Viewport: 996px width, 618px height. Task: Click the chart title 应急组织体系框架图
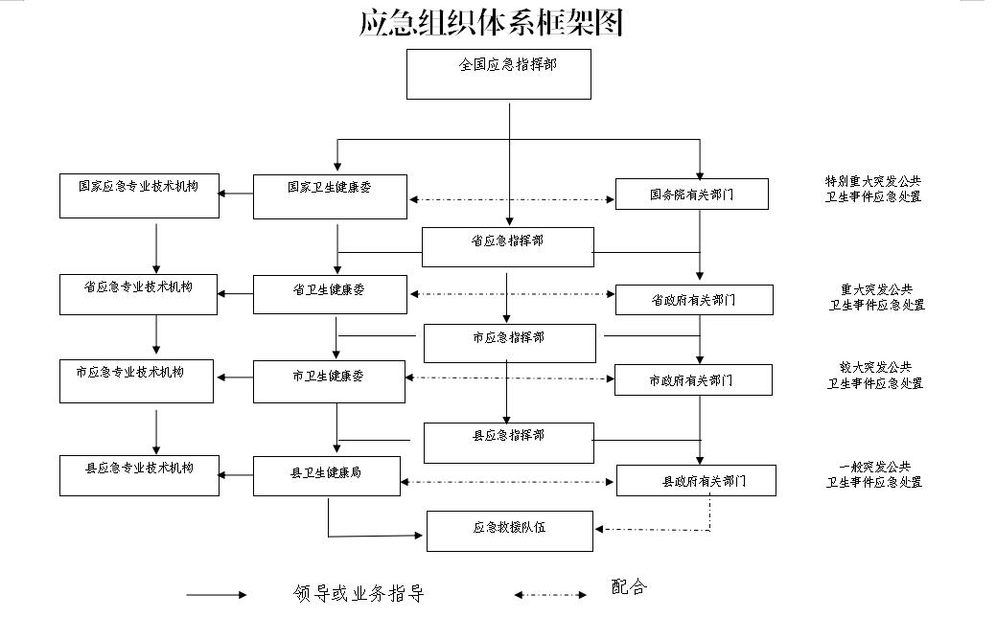coord(491,22)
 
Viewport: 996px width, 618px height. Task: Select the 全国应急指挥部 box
coord(498,75)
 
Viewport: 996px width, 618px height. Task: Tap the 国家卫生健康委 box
coord(330,196)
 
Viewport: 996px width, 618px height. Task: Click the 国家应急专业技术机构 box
coord(139,195)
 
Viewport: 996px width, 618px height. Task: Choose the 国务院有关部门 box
coord(692,195)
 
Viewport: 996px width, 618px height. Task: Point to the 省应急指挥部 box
coord(507,247)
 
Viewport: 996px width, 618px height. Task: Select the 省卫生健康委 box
coord(330,294)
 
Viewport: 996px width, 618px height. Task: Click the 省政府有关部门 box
coord(694,300)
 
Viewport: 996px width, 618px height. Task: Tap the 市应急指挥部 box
coord(509,344)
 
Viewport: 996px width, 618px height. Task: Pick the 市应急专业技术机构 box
coord(136,381)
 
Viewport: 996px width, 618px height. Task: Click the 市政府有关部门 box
coord(693,379)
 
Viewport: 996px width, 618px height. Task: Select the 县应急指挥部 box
coord(509,443)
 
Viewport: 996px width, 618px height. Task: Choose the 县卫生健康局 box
coord(327,476)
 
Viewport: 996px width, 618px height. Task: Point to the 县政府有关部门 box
coord(696,480)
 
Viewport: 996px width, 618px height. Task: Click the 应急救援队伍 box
coord(509,531)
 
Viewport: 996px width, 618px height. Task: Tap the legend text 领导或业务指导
coord(359,593)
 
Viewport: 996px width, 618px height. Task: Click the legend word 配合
coord(629,586)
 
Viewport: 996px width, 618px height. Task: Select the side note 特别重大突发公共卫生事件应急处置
coord(872,190)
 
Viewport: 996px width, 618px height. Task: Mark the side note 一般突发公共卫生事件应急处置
coord(874,474)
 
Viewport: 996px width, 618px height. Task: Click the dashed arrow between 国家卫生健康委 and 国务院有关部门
coord(511,199)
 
